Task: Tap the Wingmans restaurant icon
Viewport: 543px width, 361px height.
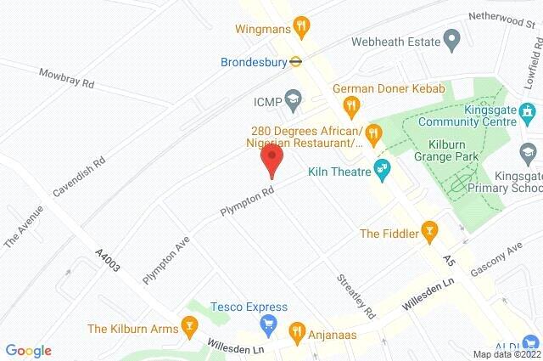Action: pos(300,28)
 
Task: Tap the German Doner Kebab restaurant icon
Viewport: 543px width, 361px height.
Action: pos(349,104)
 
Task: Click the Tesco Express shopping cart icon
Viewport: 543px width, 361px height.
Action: pos(269,324)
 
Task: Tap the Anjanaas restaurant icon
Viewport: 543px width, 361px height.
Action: pos(297,331)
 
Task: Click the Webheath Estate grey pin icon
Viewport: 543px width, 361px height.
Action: pos(451,41)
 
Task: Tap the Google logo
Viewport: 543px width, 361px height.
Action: pos(28,350)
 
